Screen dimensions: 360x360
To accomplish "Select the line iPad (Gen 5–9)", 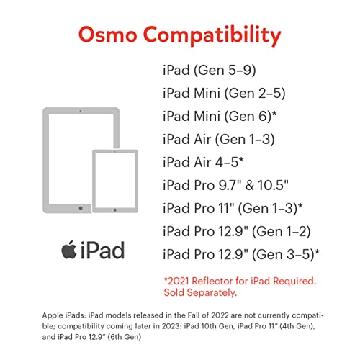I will click(x=210, y=71).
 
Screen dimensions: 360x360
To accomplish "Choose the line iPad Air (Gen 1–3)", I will click(x=218, y=139).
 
